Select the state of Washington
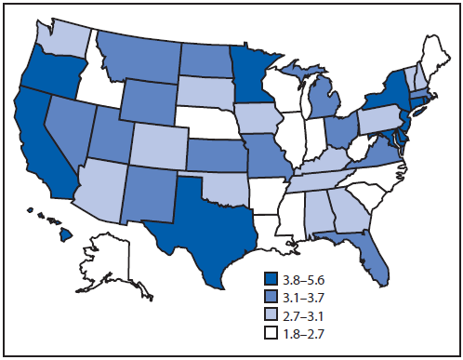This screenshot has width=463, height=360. pos(63,34)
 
